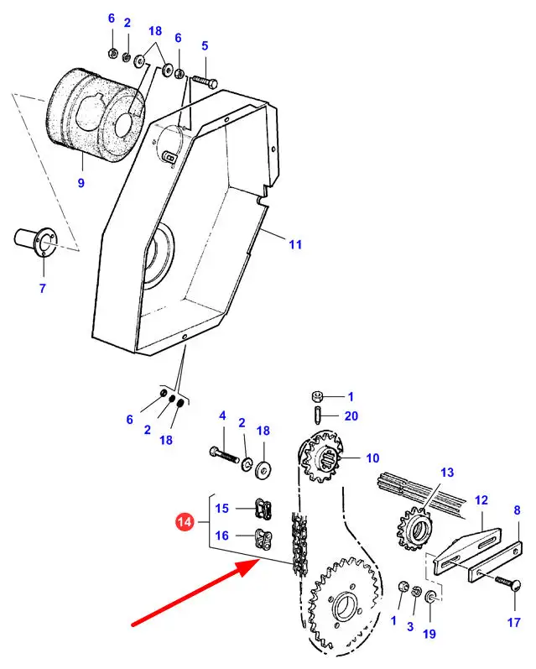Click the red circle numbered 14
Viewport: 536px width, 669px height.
click(185, 522)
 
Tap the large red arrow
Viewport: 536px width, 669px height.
click(195, 593)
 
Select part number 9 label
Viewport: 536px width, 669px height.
click(81, 183)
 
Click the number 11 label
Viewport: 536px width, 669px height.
click(295, 244)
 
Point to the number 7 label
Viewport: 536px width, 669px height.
click(42, 289)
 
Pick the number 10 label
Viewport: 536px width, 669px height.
click(372, 458)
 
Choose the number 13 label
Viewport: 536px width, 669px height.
click(447, 473)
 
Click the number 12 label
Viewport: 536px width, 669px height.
click(481, 500)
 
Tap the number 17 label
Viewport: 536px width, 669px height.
click(514, 623)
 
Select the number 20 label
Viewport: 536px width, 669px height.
click(351, 416)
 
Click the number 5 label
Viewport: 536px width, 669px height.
click(205, 45)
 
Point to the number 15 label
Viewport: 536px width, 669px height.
click(221, 508)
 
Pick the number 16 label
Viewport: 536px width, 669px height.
click(221, 536)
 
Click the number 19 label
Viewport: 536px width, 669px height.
click(429, 634)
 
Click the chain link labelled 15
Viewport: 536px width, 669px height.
click(263, 509)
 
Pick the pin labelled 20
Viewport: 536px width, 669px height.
click(318, 416)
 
